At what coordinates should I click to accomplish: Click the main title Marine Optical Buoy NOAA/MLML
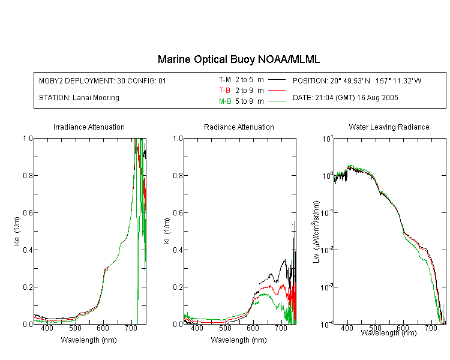(x=238, y=60)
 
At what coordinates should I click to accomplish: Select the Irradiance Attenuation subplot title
(x=89, y=127)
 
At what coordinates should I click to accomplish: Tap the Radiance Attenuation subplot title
(x=239, y=127)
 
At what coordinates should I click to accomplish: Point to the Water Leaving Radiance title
(x=389, y=127)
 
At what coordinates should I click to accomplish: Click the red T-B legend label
(x=224, y=91)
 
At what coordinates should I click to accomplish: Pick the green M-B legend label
(x=225, y=101)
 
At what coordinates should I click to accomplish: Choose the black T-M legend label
(x=225, y=80)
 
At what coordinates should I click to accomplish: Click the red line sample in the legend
(x=277, y=91)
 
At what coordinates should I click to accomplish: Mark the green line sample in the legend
(x=277, y=101)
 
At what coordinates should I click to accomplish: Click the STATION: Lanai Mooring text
(x=79, y=98)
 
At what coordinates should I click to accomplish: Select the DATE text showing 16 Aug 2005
(x=345, y=98)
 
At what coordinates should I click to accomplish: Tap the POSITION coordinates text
(x=357, y=80)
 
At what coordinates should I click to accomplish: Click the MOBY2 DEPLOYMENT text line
(x=103, y=80)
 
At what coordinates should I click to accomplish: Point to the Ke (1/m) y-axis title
(x=17, y=232)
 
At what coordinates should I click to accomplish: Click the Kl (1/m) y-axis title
(x=167, y=232)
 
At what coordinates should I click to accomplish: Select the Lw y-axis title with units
(x=316, y=232)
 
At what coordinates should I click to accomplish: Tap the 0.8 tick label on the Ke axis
(x=28, y=175)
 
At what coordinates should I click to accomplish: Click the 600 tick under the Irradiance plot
(x=103, y=328)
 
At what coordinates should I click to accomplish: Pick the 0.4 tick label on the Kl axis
(x=178, y=250)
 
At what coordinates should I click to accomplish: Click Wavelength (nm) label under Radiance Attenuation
(x=239, y=340)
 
